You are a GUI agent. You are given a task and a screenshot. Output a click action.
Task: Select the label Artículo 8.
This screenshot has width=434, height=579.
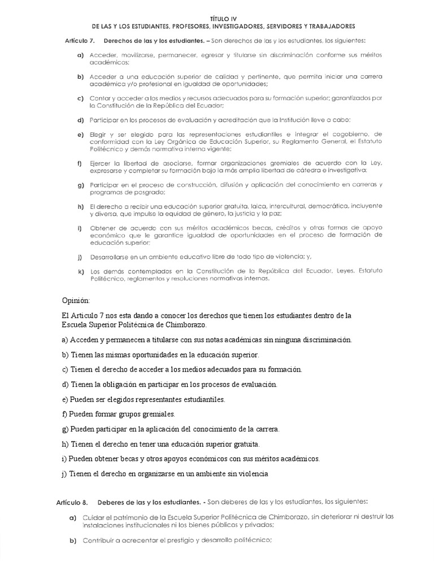(x=72, y=502)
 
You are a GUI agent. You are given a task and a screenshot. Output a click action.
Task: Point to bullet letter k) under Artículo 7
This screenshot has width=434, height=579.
(x=81, y=271)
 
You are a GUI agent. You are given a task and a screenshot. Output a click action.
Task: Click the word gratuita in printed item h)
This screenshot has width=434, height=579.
(x=267, y=206)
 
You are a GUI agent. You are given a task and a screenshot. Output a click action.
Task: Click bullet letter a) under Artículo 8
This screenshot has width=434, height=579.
(x=73, y=517)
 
